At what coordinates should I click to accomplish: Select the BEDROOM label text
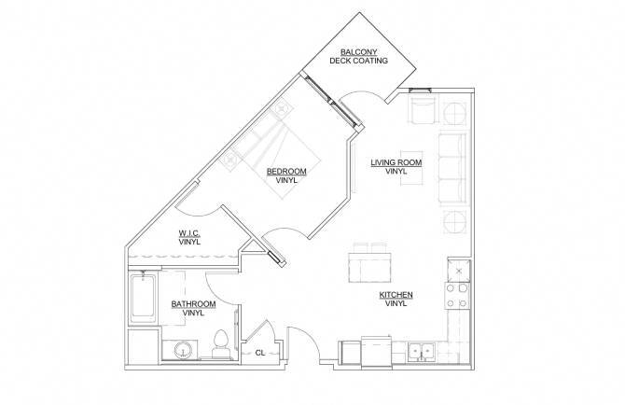coord(286,171)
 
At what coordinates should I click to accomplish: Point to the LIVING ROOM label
coord(396,162)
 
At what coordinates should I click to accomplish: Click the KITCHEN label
coord(396,295)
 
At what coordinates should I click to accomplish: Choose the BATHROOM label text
coord(193,304)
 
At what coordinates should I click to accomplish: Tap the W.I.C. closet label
coord(190,233)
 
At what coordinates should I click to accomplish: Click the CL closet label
coord(260,353)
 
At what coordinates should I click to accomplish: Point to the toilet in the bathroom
coord(222,345)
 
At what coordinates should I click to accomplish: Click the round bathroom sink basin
coord(181,351)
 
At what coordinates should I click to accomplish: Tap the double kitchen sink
coord(418,352)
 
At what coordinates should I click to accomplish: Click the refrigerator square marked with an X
coord(459,270)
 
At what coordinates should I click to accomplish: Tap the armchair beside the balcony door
coord(423,111)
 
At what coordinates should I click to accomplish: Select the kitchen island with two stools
coord(370,263)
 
